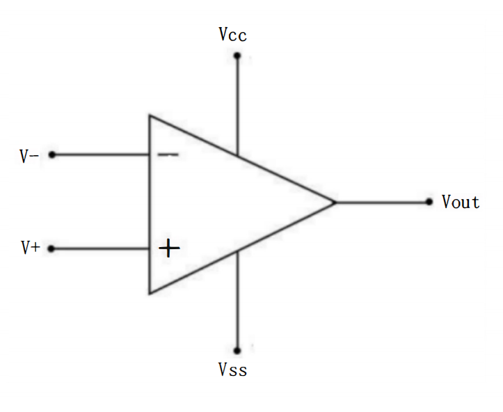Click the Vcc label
232,35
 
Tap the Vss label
232,370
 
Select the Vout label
461,202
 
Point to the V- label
29,155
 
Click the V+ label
30,247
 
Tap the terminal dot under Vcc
237,55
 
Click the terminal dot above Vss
237,350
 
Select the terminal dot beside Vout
429,202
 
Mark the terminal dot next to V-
51,154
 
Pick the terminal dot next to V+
51,248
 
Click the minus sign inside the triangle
168,154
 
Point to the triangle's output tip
335,203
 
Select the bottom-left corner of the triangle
149,293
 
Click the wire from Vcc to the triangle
237,104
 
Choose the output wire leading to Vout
383,202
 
